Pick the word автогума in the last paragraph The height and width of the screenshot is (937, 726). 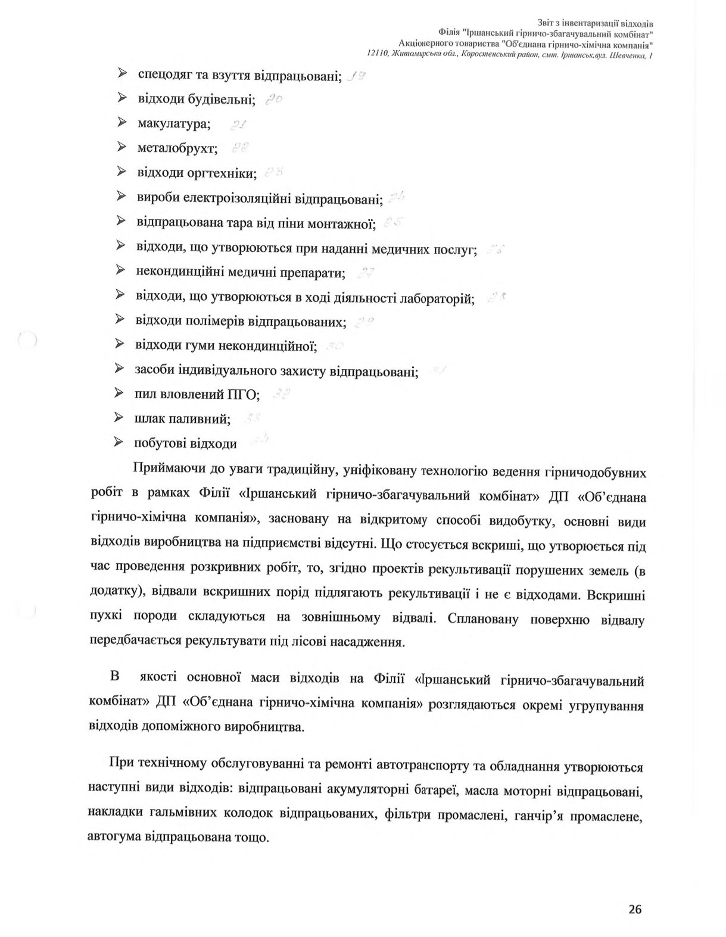click(x=114, y=837)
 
